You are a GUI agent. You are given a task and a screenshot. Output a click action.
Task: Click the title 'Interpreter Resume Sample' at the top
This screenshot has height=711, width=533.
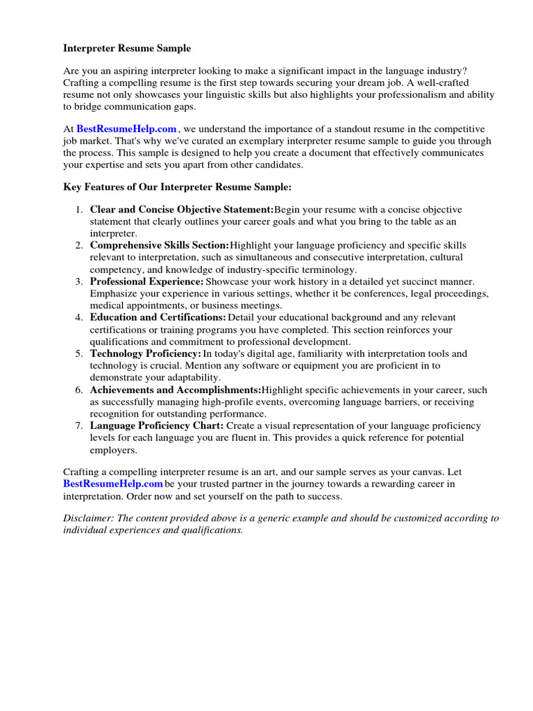pyautogui.click(x=127, y=49)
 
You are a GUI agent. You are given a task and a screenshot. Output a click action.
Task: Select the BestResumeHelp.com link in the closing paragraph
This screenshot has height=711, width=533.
pyautogui.click(x=113, y=484)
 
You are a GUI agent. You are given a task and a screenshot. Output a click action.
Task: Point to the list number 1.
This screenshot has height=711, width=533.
pyautogui.click(x=80, y=210)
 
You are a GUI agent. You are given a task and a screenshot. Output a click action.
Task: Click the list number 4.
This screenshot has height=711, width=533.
pyautogui.click(x=80, y=317)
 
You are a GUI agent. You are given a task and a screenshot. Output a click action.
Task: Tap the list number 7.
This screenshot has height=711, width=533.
pyautogui.click(x=80, y=426)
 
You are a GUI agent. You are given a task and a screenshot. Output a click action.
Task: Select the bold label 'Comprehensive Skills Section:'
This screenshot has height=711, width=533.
pyautogui.click(x=160, y=246)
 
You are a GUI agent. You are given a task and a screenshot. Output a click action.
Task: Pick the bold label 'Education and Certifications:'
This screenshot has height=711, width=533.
pyautogui.click(x=158, y=317)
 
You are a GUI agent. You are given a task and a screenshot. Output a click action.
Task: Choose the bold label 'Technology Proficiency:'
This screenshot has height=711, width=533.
pyautogui.click(x=146, y=353)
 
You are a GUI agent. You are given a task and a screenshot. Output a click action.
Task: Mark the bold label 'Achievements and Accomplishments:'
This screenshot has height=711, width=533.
pyautogui.click(x=176, y=390)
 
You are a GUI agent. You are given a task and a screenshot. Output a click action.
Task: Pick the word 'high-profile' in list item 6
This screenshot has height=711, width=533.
pyautogui.click(x=226, y=402)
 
